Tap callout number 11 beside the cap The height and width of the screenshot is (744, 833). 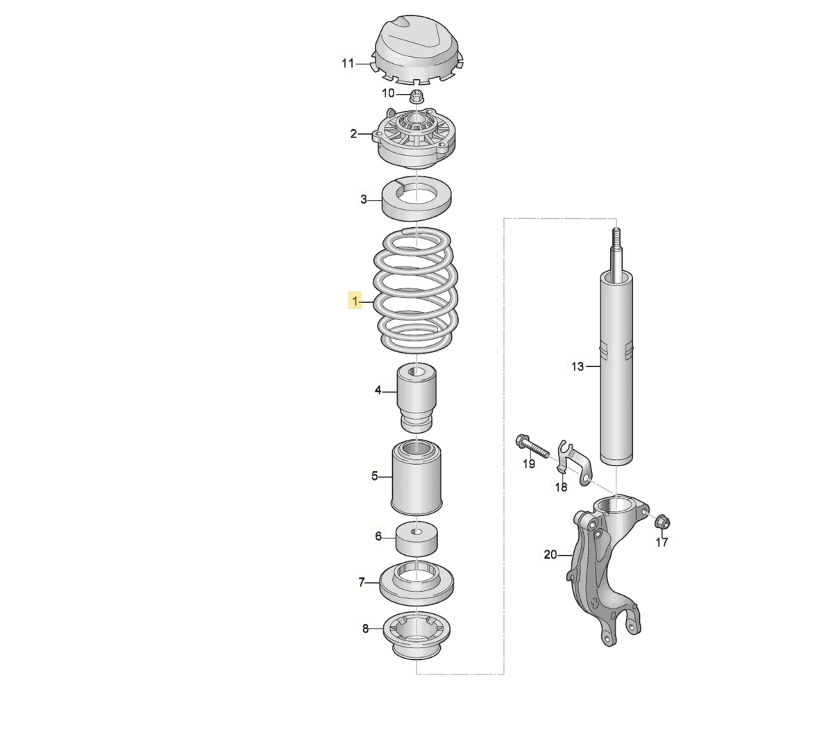pos(348,63)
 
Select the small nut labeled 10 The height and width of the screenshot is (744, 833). pos(416,97)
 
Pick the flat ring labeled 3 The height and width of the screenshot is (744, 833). pos(416,198)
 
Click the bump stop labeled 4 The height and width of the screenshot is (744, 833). pos(416,397)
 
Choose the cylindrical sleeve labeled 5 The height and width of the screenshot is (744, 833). pos(416,478)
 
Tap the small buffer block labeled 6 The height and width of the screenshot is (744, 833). pos(416,538)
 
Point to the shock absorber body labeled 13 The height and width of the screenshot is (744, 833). pos(616,370)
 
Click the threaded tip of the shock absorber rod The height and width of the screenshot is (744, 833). pos(616,236)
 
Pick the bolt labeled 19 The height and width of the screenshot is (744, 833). pos(532,447)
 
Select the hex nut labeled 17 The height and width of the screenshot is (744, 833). pos(662,522)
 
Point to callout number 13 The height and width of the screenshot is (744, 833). pos(578,366)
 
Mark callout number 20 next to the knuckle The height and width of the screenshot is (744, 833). pos(550,555)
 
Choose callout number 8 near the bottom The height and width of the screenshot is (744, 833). pos(365,629)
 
